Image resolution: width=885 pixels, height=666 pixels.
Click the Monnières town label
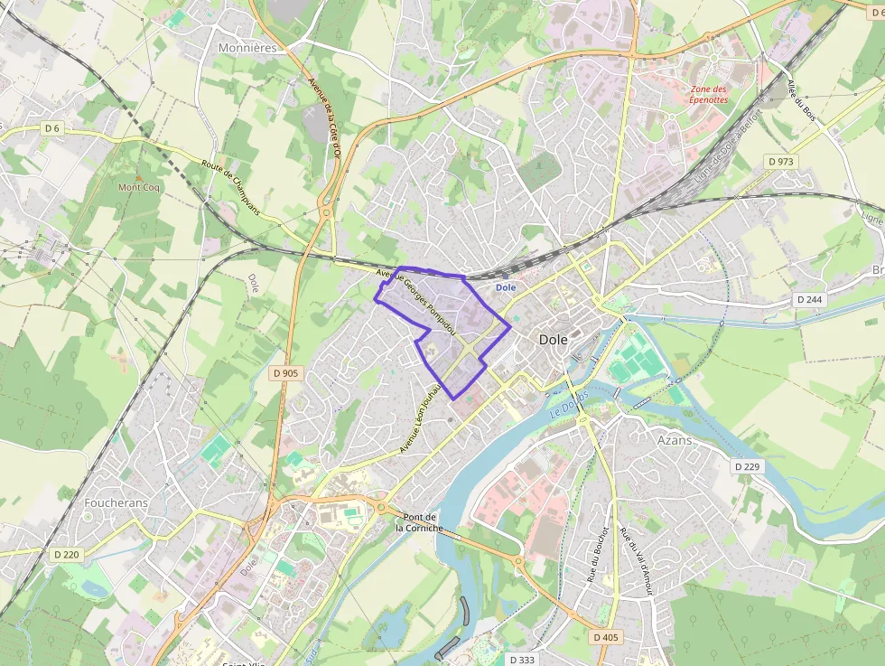click(x=247, y=47)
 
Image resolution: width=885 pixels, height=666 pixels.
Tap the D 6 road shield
click(x=51, y=129)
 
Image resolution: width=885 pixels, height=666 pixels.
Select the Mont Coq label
click(x=138, y=188)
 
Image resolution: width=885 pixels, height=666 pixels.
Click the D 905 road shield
click(x=285, y=372)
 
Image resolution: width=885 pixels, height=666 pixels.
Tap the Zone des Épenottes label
click(x=709, y=94)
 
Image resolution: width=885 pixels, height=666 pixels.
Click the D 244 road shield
click(x=811, y=299)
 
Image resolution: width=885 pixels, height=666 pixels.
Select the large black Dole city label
click(x=554, y=340)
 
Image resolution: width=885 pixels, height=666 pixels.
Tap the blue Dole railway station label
click(x=505, y=287)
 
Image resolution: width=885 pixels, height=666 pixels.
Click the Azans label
click(x=675, y=440)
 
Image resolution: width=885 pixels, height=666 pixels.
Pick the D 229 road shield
click(x=747, y=466)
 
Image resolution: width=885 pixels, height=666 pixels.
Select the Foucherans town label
click(x=115, y=502)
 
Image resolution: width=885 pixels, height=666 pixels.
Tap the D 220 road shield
click(x=66, y=554)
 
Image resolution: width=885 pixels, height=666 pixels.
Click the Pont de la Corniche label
click(x=416, y=522)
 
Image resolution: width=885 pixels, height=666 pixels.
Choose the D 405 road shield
click(x=607, y=637)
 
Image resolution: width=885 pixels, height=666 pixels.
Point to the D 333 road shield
click(x=522, y=660)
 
